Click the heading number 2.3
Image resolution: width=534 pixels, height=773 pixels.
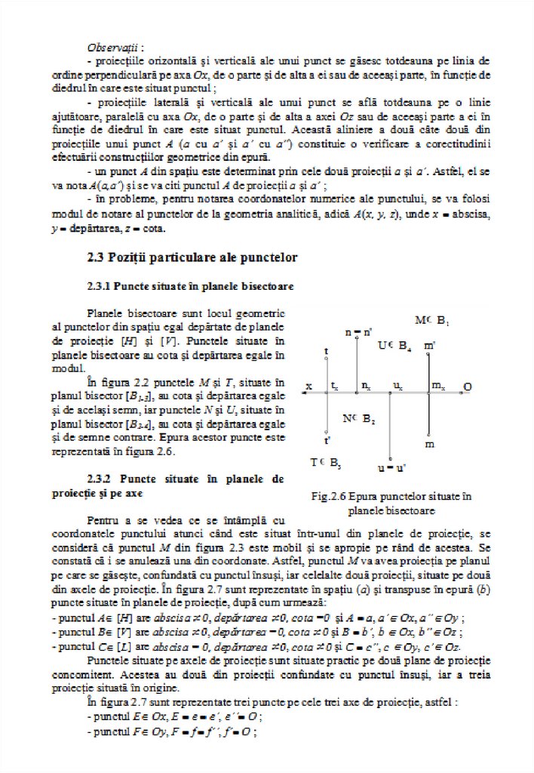coord(99,257)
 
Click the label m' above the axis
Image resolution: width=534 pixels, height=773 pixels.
coord(428,346)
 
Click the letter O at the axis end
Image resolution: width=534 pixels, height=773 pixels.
coord(468,386)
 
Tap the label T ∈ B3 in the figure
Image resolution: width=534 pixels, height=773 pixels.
coord(325,462)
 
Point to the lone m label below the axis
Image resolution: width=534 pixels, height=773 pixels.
coord(429,445)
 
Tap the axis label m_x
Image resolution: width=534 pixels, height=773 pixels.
coord(437,386)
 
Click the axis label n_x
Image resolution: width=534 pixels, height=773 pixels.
coord(365,386)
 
